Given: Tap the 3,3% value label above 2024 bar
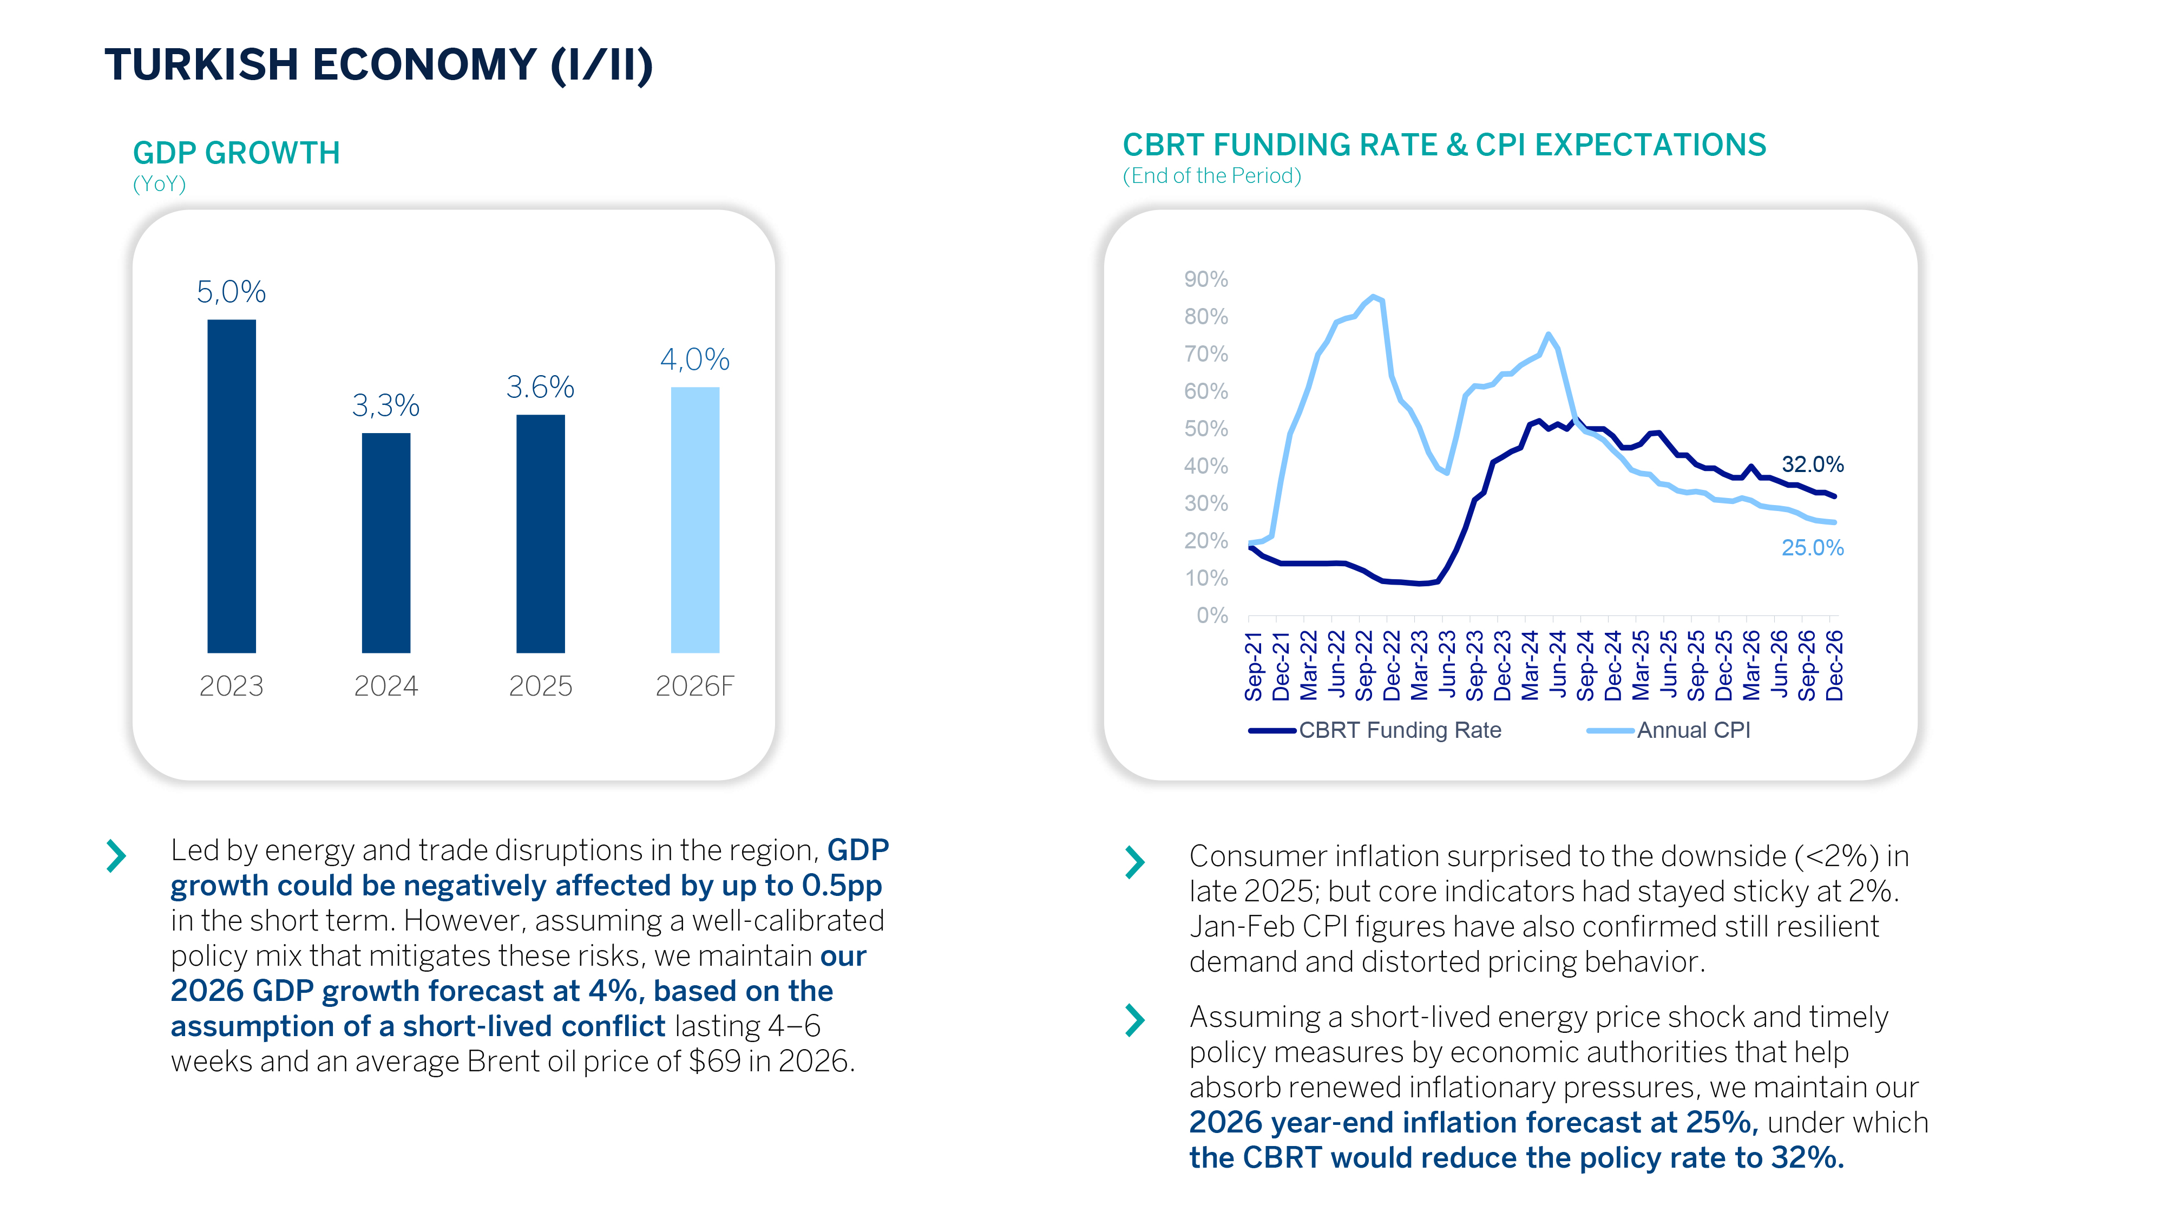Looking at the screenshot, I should point(386,406).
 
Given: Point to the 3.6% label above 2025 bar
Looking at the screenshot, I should point(540,388).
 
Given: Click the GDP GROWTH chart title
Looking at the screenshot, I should point(236,153).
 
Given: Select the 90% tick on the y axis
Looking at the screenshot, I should point(1205,279).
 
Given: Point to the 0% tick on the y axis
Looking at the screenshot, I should point(1212,615).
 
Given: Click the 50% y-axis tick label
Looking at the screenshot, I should point(1205,429).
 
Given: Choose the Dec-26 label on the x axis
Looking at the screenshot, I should point(1835,666).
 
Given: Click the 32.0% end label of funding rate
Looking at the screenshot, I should point(1812,464).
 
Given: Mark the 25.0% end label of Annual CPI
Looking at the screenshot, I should point(1812,548).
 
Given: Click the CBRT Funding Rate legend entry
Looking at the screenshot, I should point(1399,730).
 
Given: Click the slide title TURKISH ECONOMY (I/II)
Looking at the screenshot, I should point(378,65).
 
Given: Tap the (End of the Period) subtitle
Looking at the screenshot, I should point(1211,176).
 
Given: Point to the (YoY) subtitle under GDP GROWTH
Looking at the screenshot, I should point(159,184).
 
